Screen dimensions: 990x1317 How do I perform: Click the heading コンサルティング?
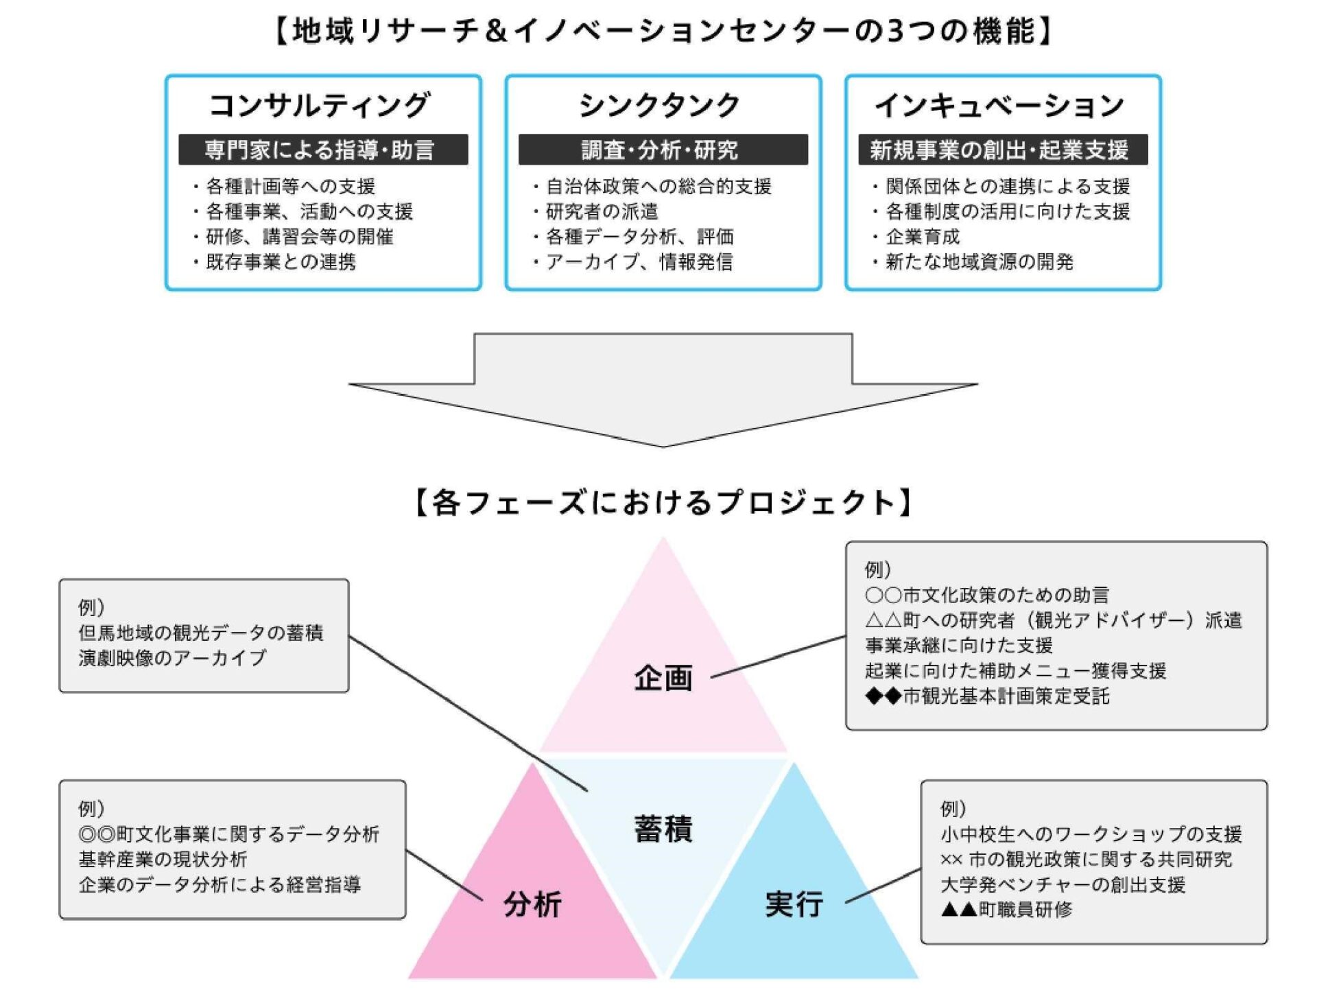click(x=320, y=106)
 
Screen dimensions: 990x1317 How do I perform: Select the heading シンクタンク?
click(x=660, y=106)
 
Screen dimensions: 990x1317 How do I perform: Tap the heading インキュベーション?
click(x=1000, y=106)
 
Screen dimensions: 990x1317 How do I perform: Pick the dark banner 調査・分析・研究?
click(x=660, y=150)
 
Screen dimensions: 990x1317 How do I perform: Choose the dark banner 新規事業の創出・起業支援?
click(x=1000, y=150)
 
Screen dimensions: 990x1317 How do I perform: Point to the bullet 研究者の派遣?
click(x=602, y=211)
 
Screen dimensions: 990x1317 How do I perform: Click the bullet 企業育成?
click(x=923, y=237)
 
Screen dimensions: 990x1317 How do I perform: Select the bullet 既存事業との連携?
click(x=281, y=261)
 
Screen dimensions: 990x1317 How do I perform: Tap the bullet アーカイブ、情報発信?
click(x=639, y=261)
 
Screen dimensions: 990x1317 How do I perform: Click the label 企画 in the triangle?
click(x=663, y=678)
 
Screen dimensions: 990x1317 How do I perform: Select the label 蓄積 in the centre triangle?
click(x=663, y=829)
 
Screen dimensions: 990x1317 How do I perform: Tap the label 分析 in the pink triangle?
click(x=532, y=904)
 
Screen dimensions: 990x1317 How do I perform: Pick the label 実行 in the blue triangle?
click(x=794, y=904)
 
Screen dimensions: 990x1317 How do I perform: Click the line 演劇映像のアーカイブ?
click(x=172, y=658)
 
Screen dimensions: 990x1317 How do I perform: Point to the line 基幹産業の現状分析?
click(x=163, y=859)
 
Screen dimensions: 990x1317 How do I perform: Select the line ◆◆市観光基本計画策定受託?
click(x=988, y=696)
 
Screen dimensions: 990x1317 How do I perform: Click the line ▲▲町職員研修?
click(x=1006, y=910)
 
